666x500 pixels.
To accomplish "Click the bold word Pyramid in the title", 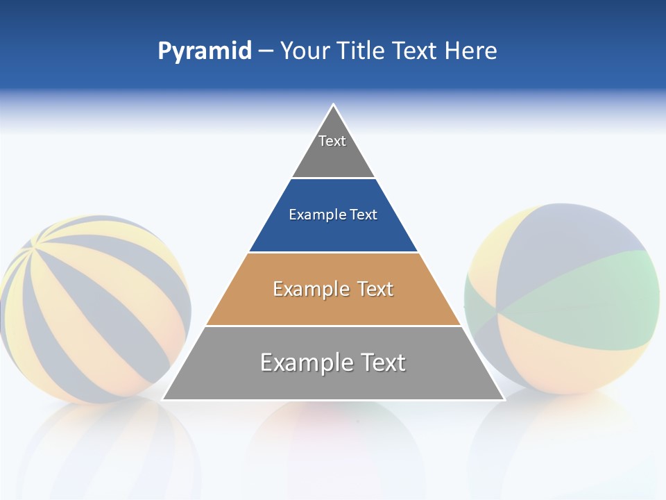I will (x=205, y=51).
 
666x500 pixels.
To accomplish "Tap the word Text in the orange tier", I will (x=371, y=289).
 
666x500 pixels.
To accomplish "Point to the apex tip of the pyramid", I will (x=334, y=106).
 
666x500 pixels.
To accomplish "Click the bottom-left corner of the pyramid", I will (x=164, y=399).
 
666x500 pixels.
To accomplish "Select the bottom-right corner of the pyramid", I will (x=503, y=399).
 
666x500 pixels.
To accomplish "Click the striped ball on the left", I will (x=94, y=309).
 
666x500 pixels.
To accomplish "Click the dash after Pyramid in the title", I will (x=266, y=51).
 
